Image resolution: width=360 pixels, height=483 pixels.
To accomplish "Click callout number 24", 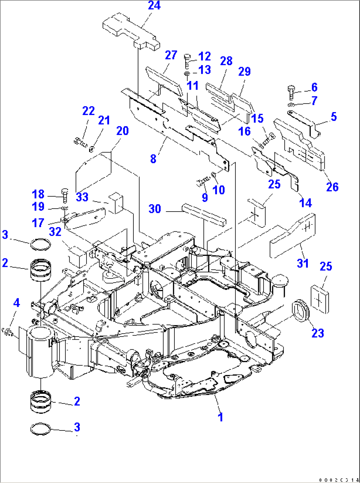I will [154, 6].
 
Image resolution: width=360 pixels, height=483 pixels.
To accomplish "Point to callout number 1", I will [220, 417].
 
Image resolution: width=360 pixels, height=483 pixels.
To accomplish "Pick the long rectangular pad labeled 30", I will [204, 214].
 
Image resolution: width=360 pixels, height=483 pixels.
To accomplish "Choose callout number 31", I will [303, 263].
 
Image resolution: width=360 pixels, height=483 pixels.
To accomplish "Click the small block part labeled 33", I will [116, 203].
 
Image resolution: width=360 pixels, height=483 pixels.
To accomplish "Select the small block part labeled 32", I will [77, 256].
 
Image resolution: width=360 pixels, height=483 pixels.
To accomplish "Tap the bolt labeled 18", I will [65, 195].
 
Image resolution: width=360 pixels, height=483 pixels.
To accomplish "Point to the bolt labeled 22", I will [80, 143].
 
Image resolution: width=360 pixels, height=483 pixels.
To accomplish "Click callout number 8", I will [153, 159].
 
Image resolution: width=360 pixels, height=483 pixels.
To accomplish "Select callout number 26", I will [332, 187].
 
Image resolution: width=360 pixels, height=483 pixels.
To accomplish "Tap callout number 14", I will [306, 203].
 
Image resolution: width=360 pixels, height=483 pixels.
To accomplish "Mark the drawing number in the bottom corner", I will [339, 480].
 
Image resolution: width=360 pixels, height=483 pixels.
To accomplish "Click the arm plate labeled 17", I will [85, 218].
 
